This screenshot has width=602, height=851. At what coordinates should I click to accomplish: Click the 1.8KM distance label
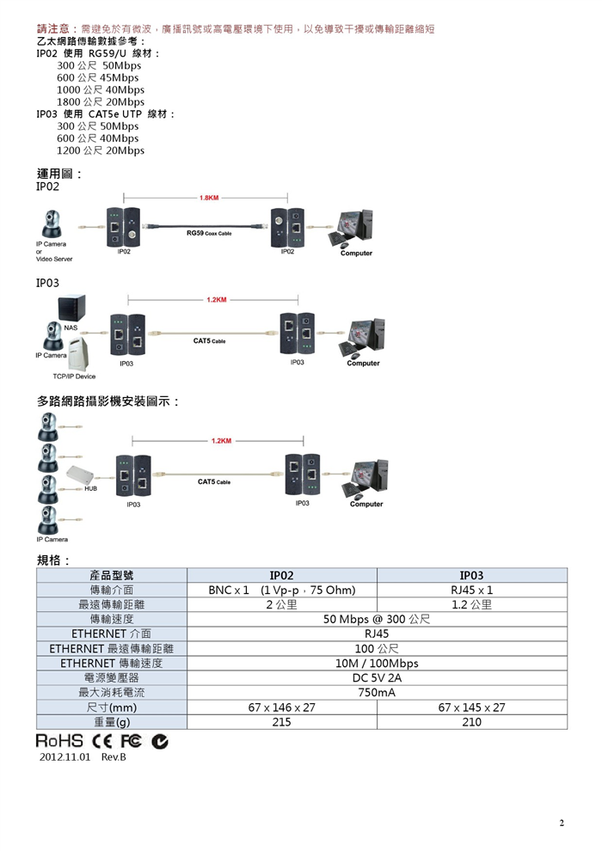point(209,198)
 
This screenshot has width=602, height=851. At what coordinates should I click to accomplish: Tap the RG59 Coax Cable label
point(209,233)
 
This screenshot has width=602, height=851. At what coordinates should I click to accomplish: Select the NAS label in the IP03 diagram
point(71,328)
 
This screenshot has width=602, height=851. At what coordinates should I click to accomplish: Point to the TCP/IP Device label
point(74,377)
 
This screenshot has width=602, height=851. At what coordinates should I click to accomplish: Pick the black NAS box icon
point(72,307)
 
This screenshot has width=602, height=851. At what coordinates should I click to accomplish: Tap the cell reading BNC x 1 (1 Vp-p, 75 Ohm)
point(281,591)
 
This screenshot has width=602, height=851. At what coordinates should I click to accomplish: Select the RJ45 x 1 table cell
point(471,591)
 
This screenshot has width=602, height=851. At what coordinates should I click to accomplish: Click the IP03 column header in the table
point(471,575)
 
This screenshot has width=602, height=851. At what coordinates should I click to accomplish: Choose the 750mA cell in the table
point(377,692)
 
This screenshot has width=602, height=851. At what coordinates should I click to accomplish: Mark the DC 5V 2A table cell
point(377,677)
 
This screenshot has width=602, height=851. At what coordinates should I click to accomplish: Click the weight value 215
point(281,722)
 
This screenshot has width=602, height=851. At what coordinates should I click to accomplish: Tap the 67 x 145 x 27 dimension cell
point(471,707)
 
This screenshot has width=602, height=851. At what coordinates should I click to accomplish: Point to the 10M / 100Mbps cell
point(377,663)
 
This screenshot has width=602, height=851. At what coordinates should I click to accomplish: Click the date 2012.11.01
point(64,758)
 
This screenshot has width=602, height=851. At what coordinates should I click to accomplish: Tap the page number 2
point(562,823)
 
